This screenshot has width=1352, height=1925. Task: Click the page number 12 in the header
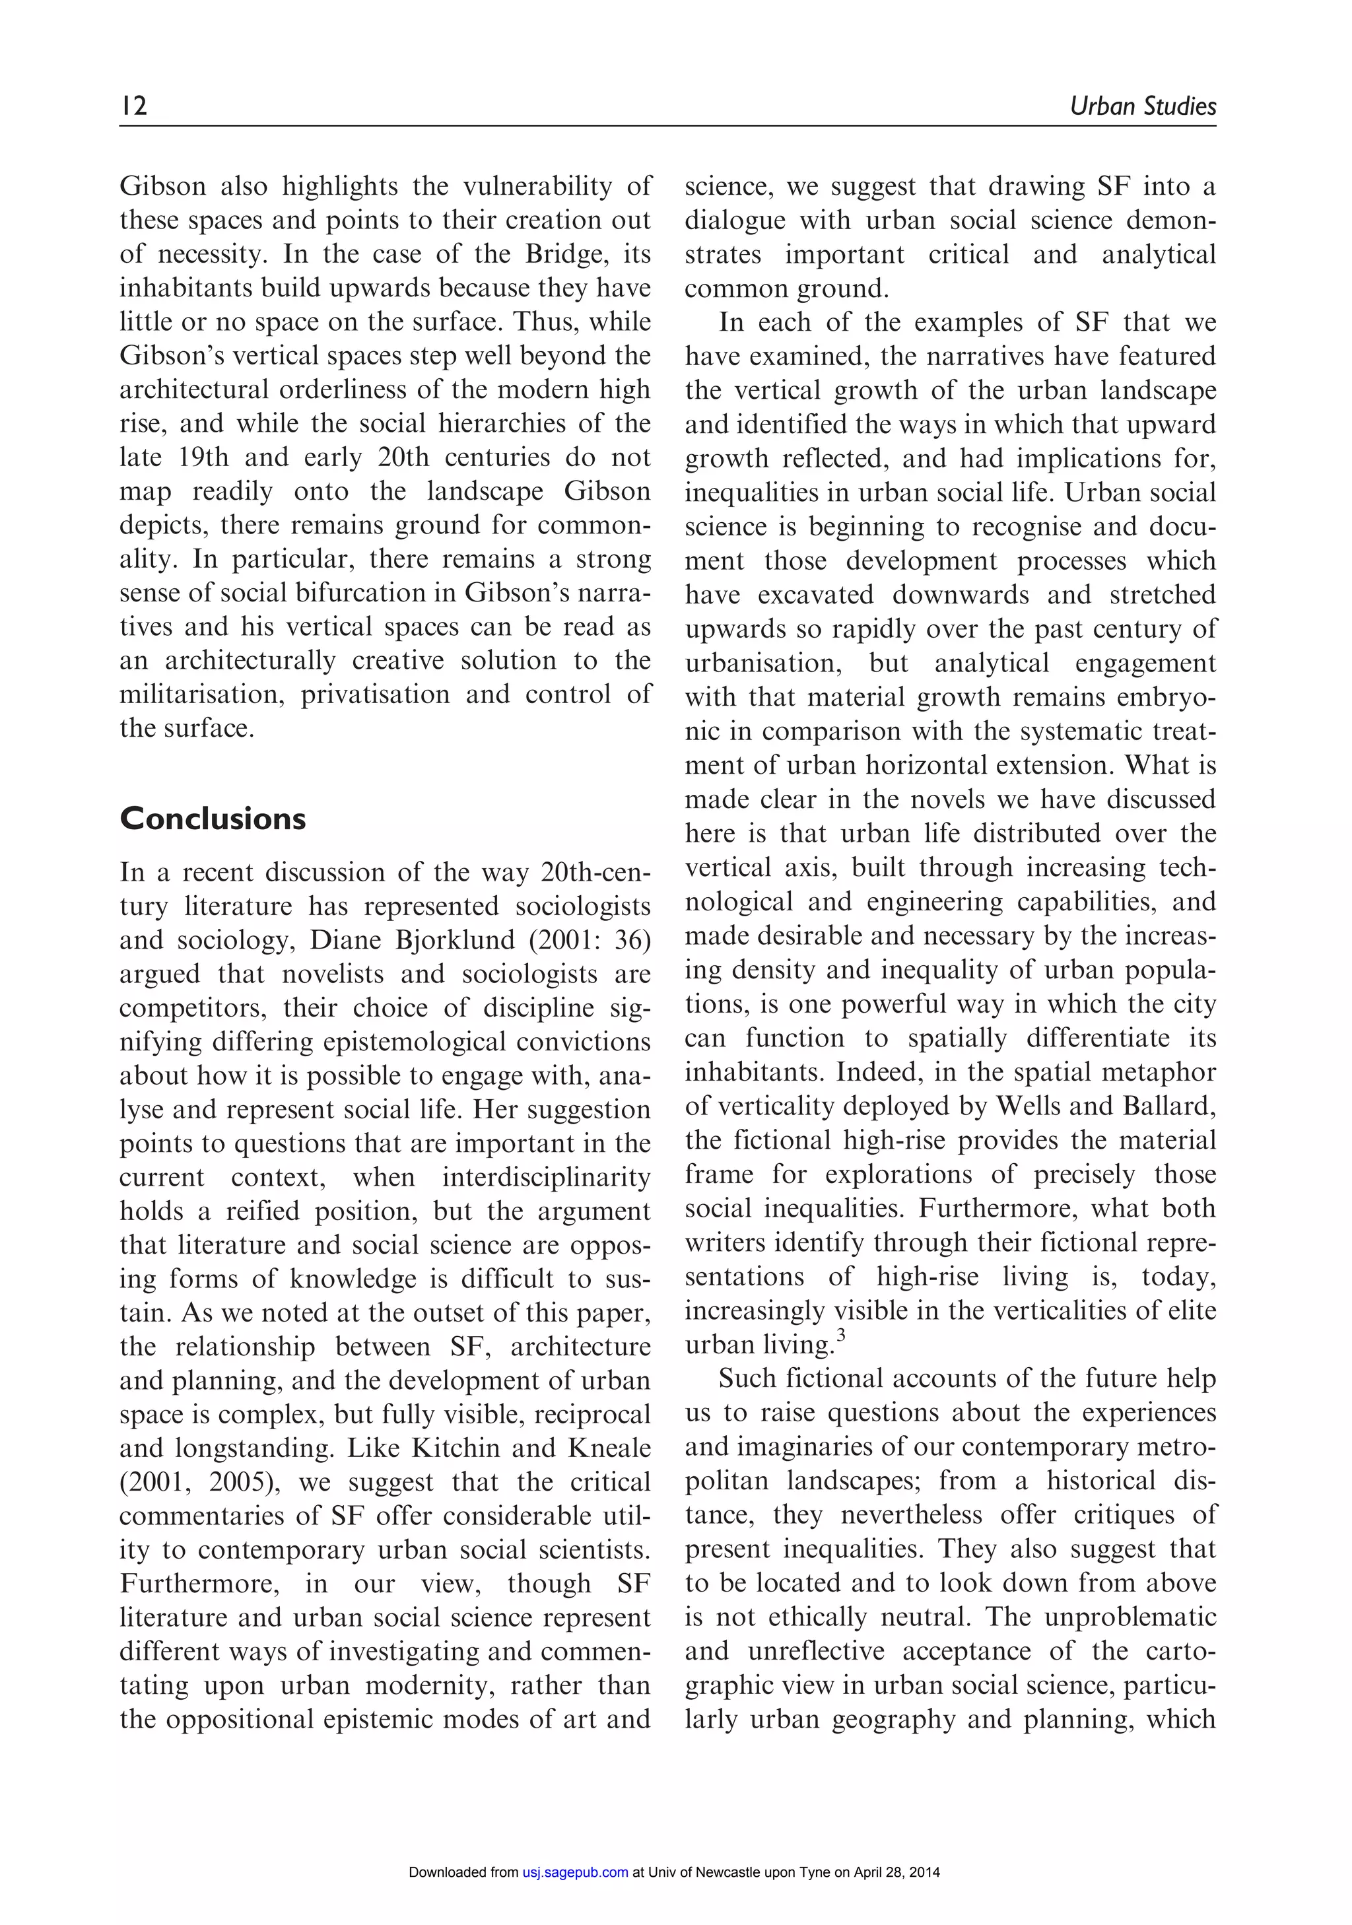pos(133,106)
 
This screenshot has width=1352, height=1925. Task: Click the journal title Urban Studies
pos(1143,106)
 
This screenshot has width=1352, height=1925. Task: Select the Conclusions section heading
pos(213,819)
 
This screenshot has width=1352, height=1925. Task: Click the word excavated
pos(815,594)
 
